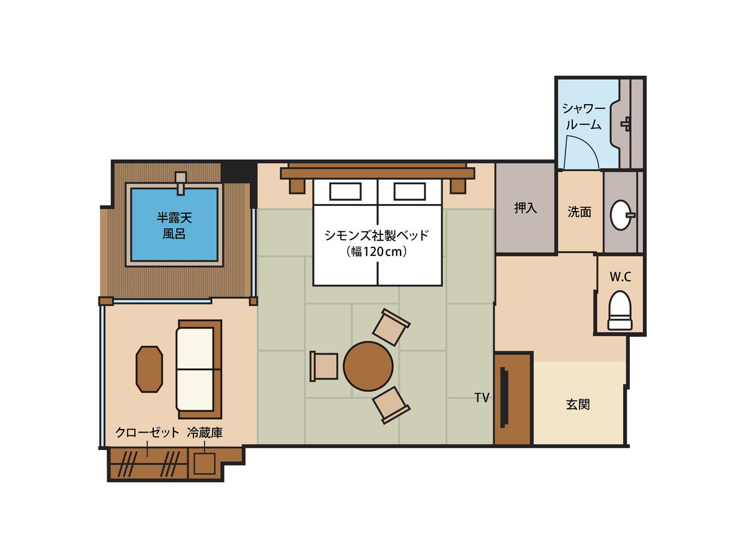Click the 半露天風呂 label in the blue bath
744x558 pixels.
[174, 226]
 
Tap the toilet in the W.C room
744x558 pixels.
[619, 311]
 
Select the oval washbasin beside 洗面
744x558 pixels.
[622, 215]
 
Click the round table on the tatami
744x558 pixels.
[368, 366]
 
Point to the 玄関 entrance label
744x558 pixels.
[578, 404]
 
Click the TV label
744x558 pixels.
[482, 397]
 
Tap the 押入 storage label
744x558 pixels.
[525, 208]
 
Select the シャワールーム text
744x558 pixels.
[583, 117]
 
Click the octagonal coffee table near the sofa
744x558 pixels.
[149, 370]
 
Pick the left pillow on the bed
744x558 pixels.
[345, 192]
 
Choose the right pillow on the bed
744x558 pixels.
[409, 192]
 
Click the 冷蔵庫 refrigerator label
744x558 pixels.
[205, 433]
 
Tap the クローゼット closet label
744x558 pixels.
[147, 433]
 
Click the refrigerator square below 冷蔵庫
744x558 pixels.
[205, 464]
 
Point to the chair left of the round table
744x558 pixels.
[324, 366]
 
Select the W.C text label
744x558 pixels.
[620, 277]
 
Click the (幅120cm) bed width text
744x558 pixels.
[376, 252]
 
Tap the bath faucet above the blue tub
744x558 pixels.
[181, 184]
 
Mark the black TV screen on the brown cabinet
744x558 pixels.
[504, 397]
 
